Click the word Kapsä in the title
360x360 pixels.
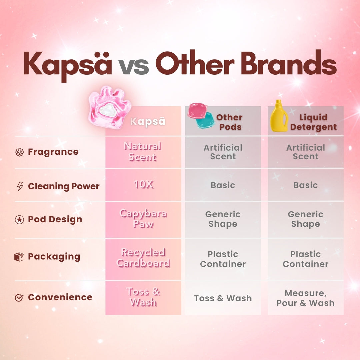click(68, 65)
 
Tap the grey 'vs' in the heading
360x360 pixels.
click(134, 67)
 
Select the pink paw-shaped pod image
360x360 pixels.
click(110, 107)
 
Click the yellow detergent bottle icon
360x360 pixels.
click(279, 116)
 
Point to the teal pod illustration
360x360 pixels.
click(205, 120)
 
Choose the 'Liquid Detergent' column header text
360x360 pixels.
click(313, 122)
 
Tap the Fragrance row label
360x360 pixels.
click(53, 152)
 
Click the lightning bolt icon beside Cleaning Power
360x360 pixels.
click(20, 186)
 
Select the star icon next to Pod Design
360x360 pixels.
click(19, 219)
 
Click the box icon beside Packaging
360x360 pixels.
click(19, 257)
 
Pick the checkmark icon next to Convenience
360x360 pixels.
click(19, 298)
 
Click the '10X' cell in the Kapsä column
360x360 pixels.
click(143, 185)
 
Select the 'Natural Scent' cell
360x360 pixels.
click(143, 152)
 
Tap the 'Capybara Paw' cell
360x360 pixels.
click(143, 219)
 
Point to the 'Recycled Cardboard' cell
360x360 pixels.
click(143, 258)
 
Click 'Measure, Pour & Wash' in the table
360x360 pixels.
click(306, 298)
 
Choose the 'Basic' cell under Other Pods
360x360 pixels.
click(223, 185)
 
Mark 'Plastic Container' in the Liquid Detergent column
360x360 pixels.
click(306, 259)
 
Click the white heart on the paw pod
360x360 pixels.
click(108, 110)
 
